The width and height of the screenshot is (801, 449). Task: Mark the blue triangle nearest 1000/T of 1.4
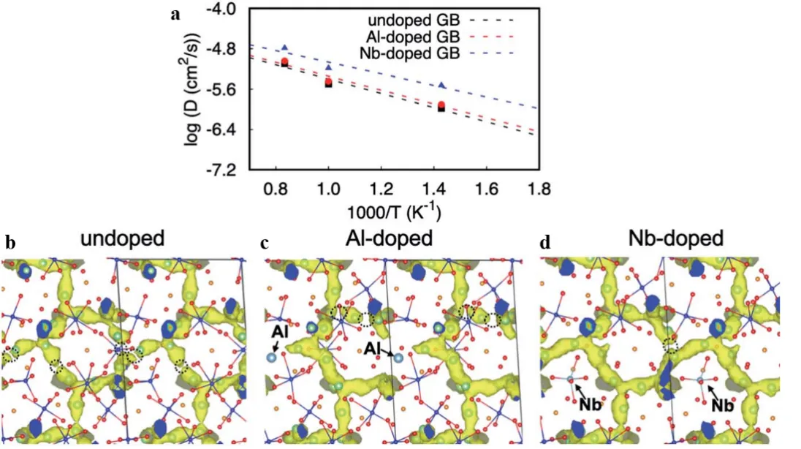tap(442, 86)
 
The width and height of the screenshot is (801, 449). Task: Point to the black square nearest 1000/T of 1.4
tap(442, 109)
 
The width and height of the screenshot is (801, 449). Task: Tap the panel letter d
tap(546, 242)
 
